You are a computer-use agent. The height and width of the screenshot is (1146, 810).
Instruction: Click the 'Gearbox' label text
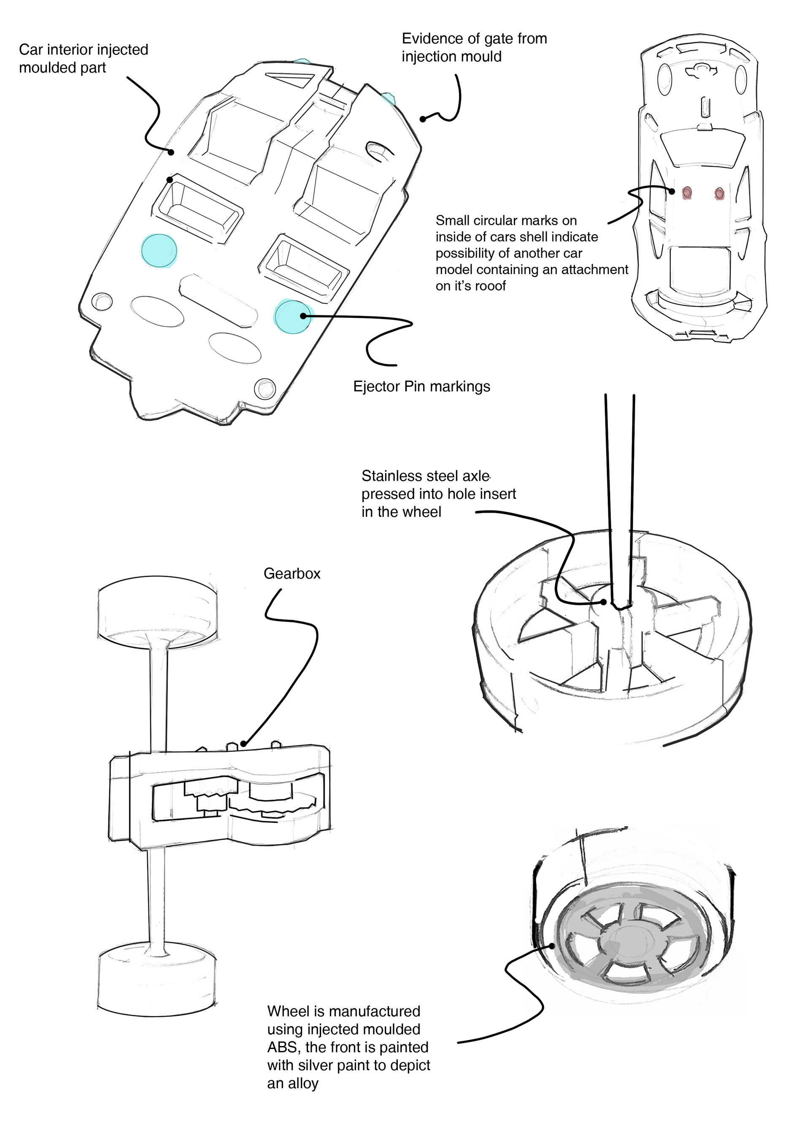(x=292, y=573)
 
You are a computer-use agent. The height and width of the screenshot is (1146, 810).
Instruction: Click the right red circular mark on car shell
(x=719, y=193)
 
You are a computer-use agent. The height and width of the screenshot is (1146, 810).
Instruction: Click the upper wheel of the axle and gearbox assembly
(x=157, y=611)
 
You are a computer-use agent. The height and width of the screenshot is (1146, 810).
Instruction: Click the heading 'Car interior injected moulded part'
(x=84, y=58)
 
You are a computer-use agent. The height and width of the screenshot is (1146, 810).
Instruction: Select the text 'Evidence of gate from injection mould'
(x=474, y=47)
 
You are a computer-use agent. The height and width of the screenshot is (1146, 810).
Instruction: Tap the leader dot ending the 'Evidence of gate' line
(x=423, y=119)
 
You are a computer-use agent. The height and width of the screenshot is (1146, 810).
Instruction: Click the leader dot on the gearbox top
(x=243, y=744)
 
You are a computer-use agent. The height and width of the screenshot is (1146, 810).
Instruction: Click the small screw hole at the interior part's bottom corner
(x=264, y=388)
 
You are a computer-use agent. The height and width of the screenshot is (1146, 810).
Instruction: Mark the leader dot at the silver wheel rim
(x=553, y=945)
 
